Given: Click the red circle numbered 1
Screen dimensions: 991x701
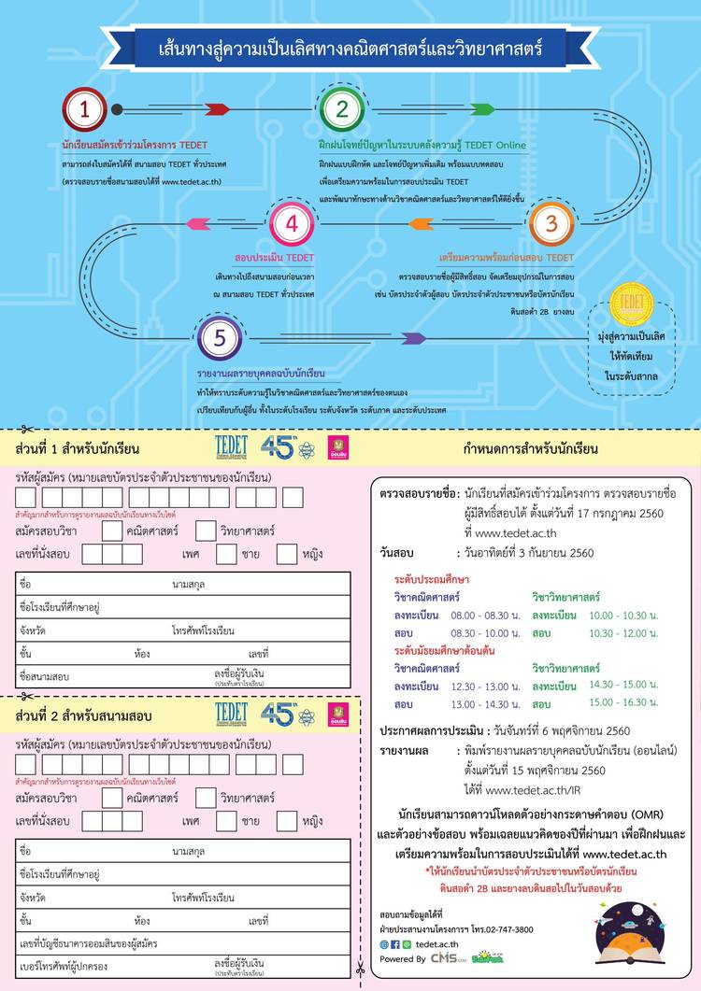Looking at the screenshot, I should click(85, 109).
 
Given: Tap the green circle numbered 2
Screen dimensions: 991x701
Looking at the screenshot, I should click(342, 109).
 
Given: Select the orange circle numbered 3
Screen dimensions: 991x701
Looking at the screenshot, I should click(551, 223).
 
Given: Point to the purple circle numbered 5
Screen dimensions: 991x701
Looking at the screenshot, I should click(220, 337).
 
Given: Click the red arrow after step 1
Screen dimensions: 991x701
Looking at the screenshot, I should click(215, 109).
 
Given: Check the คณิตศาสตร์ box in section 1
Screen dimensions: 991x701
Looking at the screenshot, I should click(112, 531).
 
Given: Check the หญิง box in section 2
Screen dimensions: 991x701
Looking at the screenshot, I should click(287, 821).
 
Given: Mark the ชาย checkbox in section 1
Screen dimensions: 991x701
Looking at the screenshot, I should click(226, 555).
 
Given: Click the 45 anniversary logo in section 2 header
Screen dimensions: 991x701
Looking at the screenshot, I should click(279, 715).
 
